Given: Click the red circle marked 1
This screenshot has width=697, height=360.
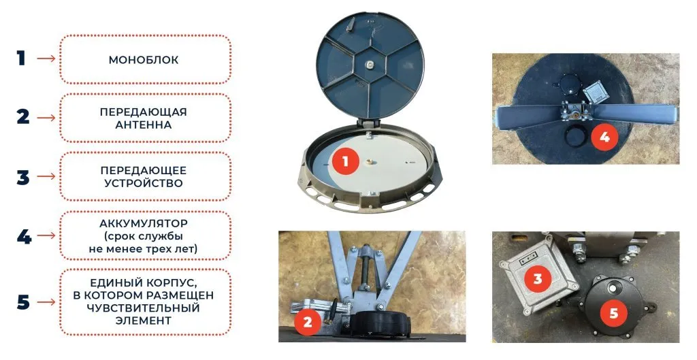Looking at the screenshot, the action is click(345, 161).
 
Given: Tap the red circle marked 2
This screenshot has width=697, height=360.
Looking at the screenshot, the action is click(308, 321).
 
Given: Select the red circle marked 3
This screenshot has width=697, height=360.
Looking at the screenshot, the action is click(538, 278).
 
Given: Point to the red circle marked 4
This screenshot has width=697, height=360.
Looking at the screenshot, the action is click(604, 137).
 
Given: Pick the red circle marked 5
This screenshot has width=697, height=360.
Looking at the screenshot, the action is click(613, 313).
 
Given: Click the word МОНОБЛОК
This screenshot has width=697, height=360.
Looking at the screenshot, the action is click(144, 60).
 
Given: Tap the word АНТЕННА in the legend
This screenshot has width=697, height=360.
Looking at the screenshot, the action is click(144, 125).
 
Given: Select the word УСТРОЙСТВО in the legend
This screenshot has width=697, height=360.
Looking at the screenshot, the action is click(144, 183).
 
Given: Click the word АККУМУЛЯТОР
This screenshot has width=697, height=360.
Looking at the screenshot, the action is click(144, 223).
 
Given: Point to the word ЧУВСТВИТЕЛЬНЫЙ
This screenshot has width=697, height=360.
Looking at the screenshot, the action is click(144, 308).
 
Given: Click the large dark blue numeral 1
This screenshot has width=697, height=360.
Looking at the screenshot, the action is click(21, 59).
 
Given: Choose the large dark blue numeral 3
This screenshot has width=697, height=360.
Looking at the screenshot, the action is click(23, 177).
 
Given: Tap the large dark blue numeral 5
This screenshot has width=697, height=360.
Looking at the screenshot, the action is click(23, 303).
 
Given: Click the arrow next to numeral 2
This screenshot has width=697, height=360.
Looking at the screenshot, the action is click(46, 118).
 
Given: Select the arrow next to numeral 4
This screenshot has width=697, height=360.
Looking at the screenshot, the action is click(46, 235).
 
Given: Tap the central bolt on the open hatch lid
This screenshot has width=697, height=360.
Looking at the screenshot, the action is click(370, 65).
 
